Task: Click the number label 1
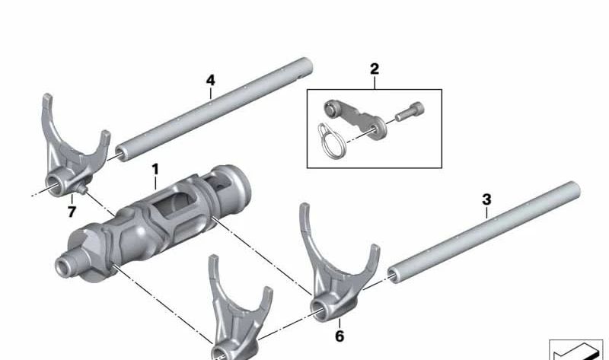[x=155, y=167]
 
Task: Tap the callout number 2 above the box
[x=374, y=69]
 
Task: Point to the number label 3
[x=486, y=199]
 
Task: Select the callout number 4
[x=211, y=78]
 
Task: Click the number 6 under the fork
[x=340, y=336]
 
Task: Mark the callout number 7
[x=71, y=211]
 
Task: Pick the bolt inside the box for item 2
[x=409, y=113]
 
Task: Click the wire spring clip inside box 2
[x=329, y=138]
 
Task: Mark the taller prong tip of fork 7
[x=47, y=100]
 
